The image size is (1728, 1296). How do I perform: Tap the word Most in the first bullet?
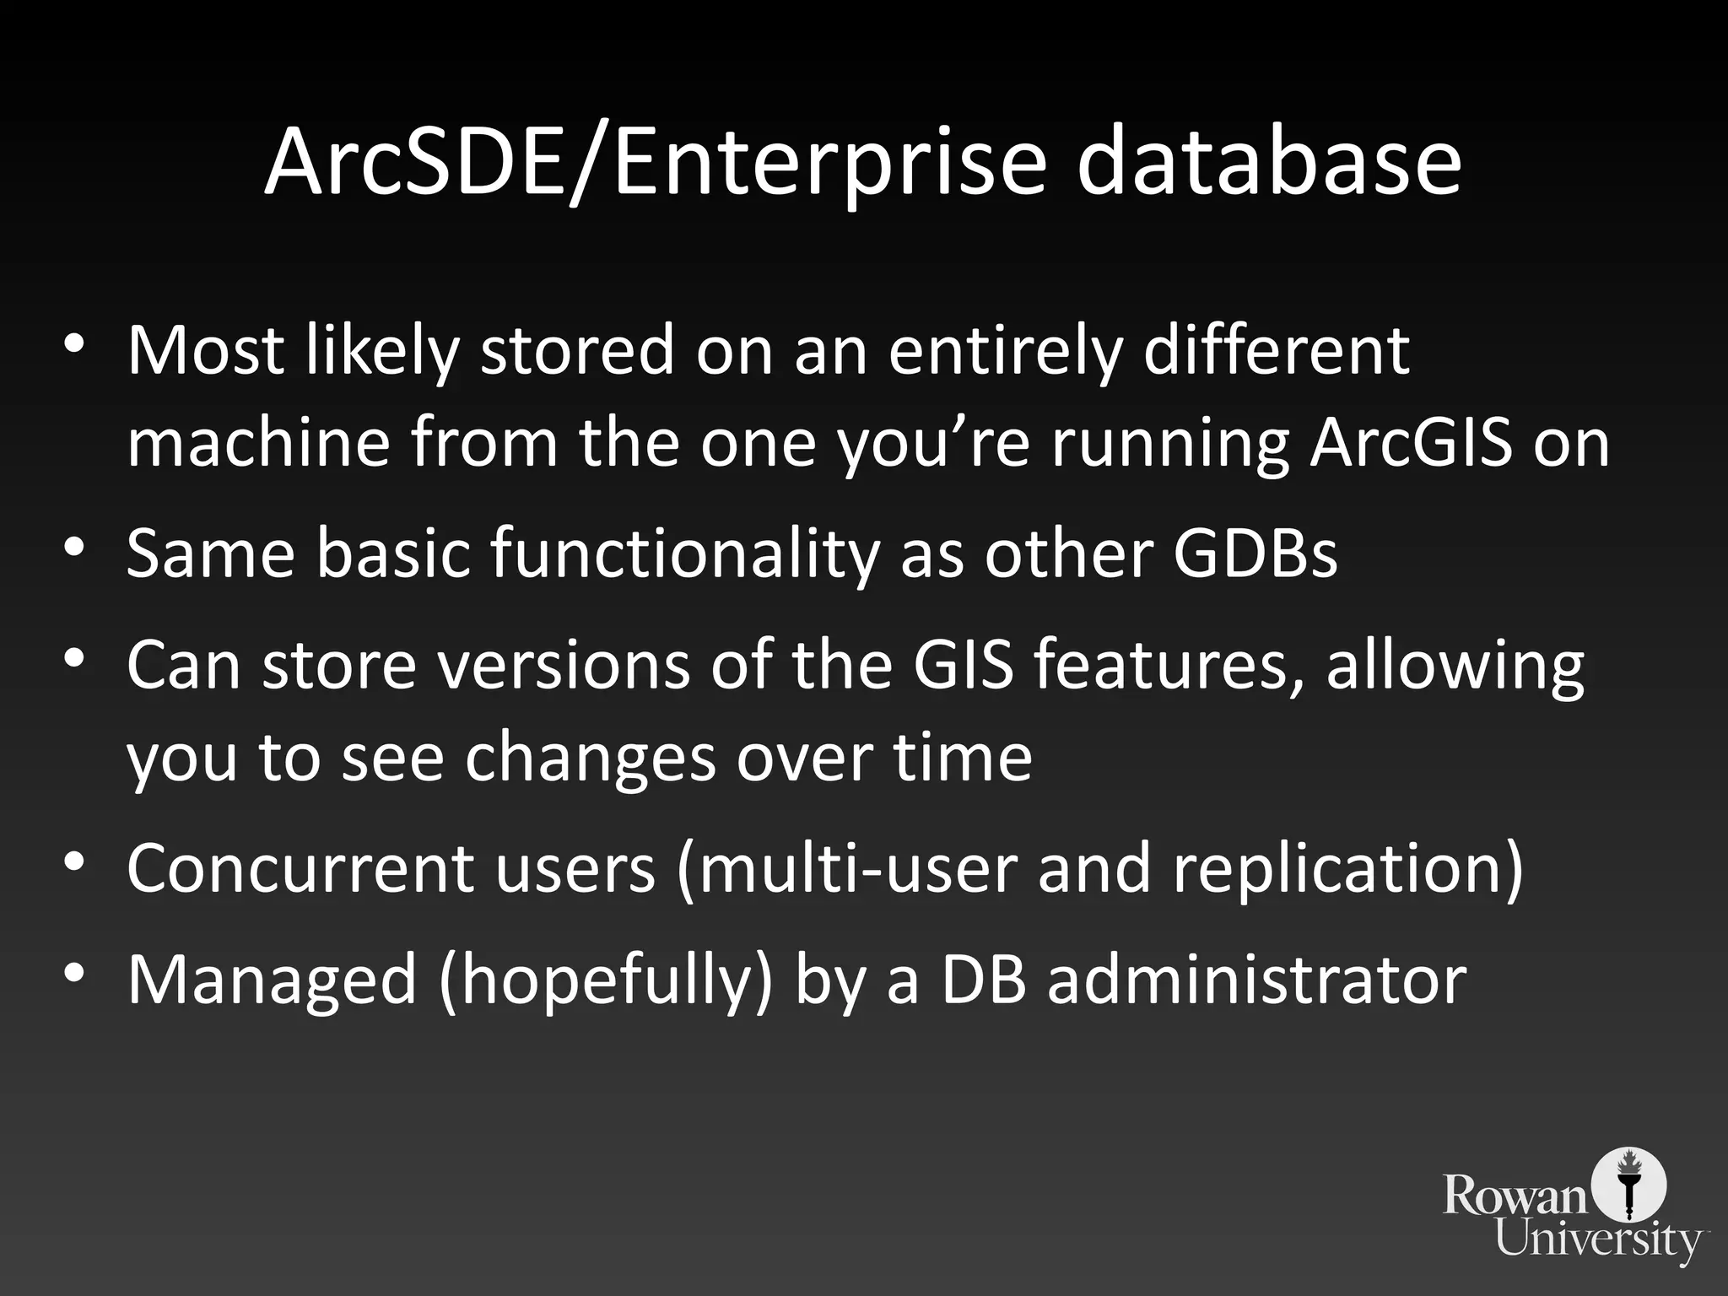[207, 349]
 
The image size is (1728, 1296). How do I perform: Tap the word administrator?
[1256, 980]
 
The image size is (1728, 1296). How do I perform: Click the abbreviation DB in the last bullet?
[982, 980]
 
